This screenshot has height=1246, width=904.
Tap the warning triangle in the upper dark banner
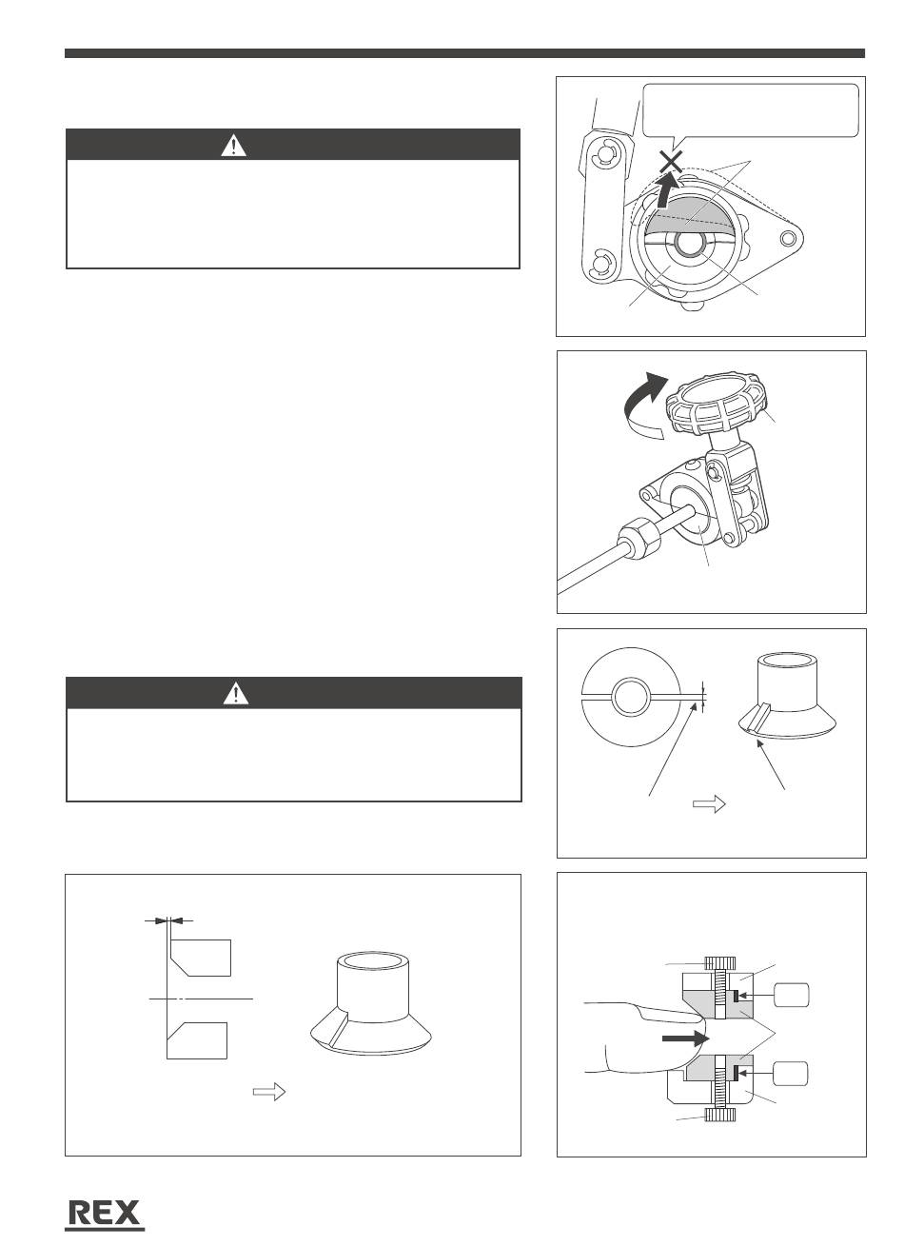[x=234, y=146]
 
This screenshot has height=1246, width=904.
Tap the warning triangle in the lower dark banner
[x=236, y=694]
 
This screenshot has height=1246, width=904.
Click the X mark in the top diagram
[x=671, y=163]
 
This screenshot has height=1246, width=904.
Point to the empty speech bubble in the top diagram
[x=750, y=111]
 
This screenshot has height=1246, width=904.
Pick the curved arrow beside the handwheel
[x=642, y=404]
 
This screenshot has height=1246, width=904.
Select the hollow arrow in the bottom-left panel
[x=269, y=1092]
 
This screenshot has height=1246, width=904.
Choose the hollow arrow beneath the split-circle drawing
[x=709, y=803]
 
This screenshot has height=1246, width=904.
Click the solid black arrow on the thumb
[x=686, y=1038]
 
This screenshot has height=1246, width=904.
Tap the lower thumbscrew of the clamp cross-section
[x=720, y=1115]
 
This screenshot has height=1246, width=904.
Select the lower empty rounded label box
[x=790, y=1073]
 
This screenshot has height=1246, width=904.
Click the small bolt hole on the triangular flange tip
[x=788, y=239]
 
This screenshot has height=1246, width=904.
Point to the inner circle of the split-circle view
[x=631, y=695]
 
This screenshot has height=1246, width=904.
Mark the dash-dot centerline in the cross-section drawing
[x=202, y=999]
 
